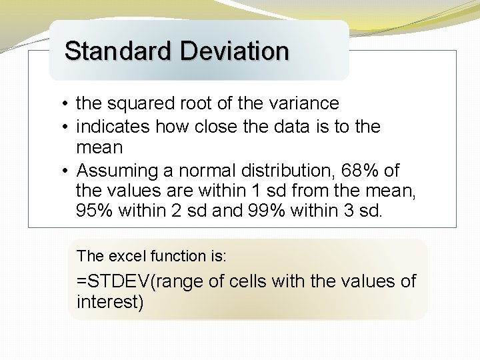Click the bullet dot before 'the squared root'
61,104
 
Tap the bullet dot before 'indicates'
61,127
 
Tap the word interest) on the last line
110,302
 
